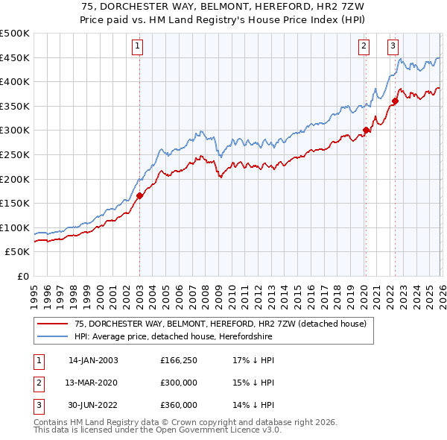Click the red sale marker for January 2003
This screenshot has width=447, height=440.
139,196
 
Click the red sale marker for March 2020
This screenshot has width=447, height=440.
366,131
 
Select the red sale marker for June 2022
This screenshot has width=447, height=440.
396,101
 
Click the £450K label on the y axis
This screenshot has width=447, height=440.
15,57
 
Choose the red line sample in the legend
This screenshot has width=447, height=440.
52,324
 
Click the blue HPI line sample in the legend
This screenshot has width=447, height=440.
52,337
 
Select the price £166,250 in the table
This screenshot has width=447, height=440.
179,360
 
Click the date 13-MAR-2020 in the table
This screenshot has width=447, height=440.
92,383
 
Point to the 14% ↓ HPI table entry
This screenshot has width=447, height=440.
253,405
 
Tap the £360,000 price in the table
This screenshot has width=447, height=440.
179,405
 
